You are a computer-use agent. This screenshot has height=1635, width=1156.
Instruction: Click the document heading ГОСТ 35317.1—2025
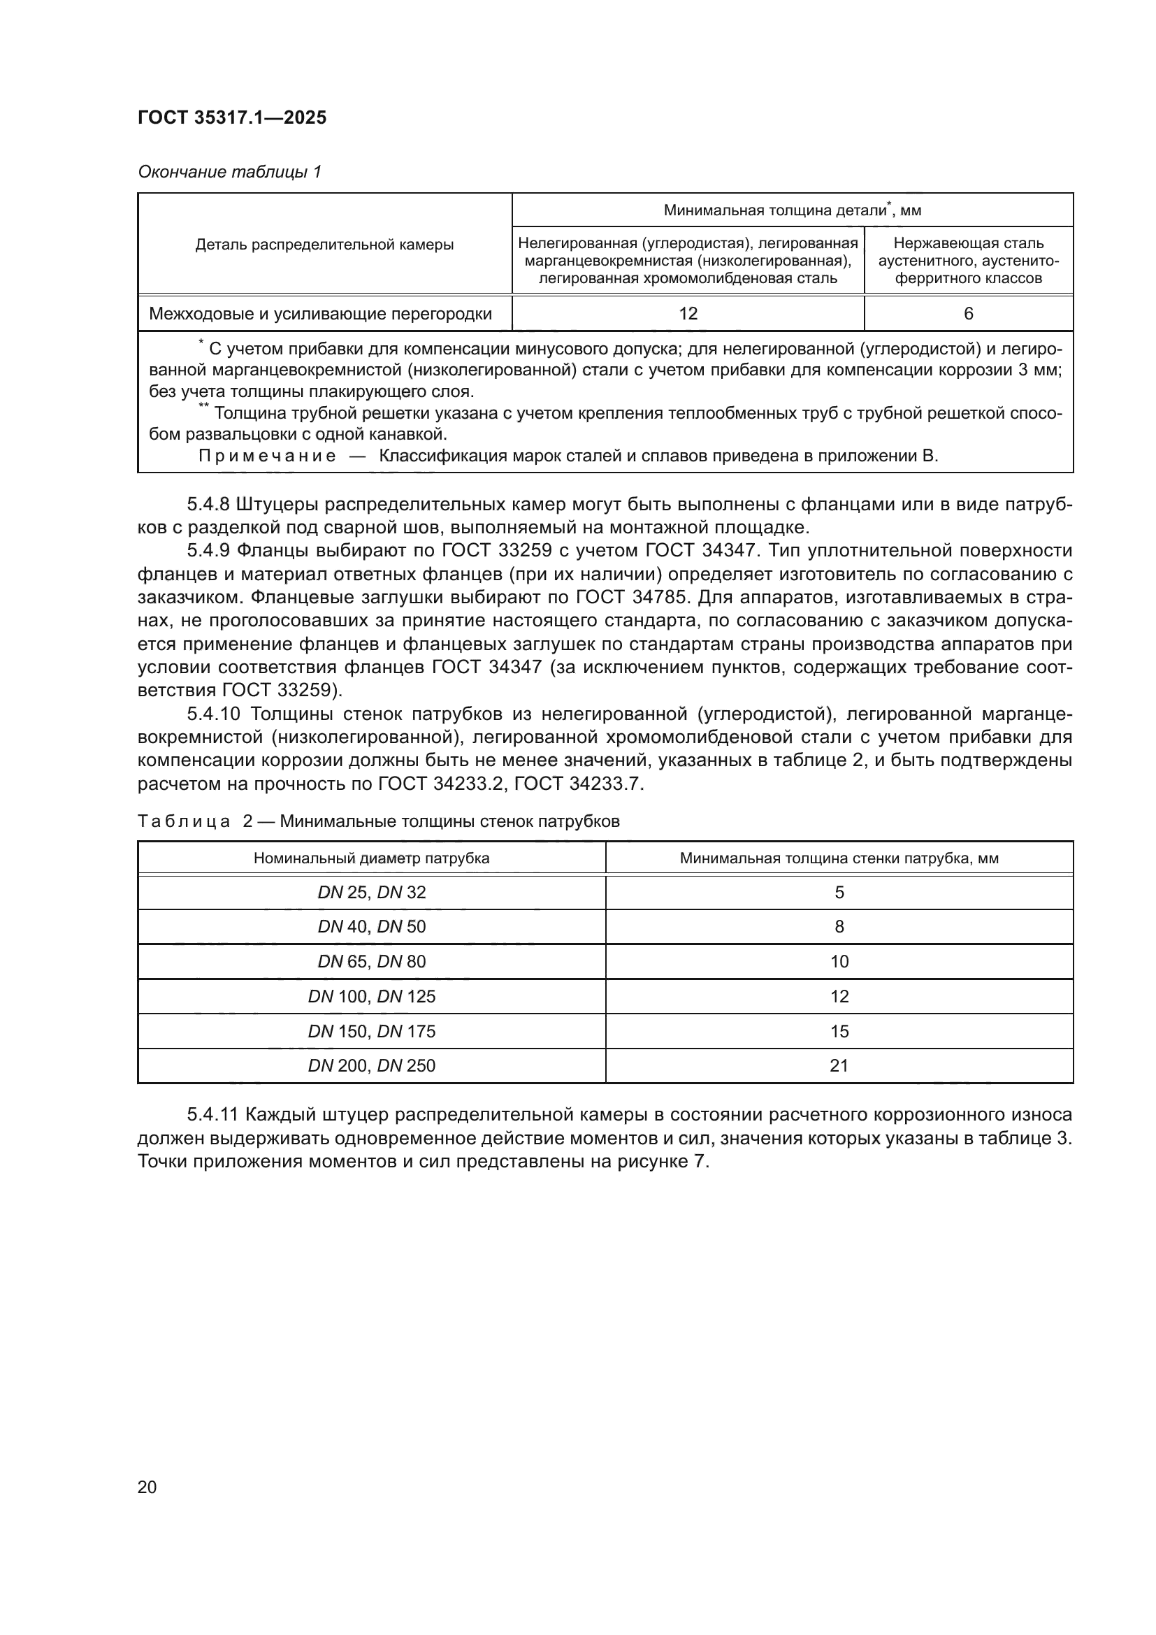coord(231,117)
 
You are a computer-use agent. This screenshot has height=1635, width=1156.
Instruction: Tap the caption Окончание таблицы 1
coord(229,172)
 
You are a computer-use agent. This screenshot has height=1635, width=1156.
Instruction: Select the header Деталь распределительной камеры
coord(324,244)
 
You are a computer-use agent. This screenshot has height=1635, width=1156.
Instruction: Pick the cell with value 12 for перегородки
coord(688,313)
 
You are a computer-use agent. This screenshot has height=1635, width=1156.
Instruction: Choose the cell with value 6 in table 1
coord(968,313)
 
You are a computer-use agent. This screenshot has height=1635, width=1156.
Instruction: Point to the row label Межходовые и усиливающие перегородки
coord(320,313)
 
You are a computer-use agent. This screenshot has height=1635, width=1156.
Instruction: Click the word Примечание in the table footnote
coord(267,456)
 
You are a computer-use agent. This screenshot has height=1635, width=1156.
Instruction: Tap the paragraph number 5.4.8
coord(207,505)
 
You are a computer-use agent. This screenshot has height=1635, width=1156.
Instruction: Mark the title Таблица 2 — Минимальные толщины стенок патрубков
coord(378,821)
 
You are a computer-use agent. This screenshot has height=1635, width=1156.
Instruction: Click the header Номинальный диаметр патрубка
coord(371,858)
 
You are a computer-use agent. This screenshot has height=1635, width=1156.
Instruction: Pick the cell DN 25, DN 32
coord(371,892)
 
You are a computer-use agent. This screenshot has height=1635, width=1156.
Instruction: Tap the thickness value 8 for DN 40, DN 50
coord(839,926)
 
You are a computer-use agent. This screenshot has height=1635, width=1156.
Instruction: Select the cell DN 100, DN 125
coord(371,996)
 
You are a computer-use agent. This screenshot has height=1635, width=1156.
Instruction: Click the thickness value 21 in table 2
coord(839,1065)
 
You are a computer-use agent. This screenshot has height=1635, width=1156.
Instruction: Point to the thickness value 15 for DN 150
coord(839,1031)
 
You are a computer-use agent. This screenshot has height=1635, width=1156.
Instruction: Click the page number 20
coord(147,1487)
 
